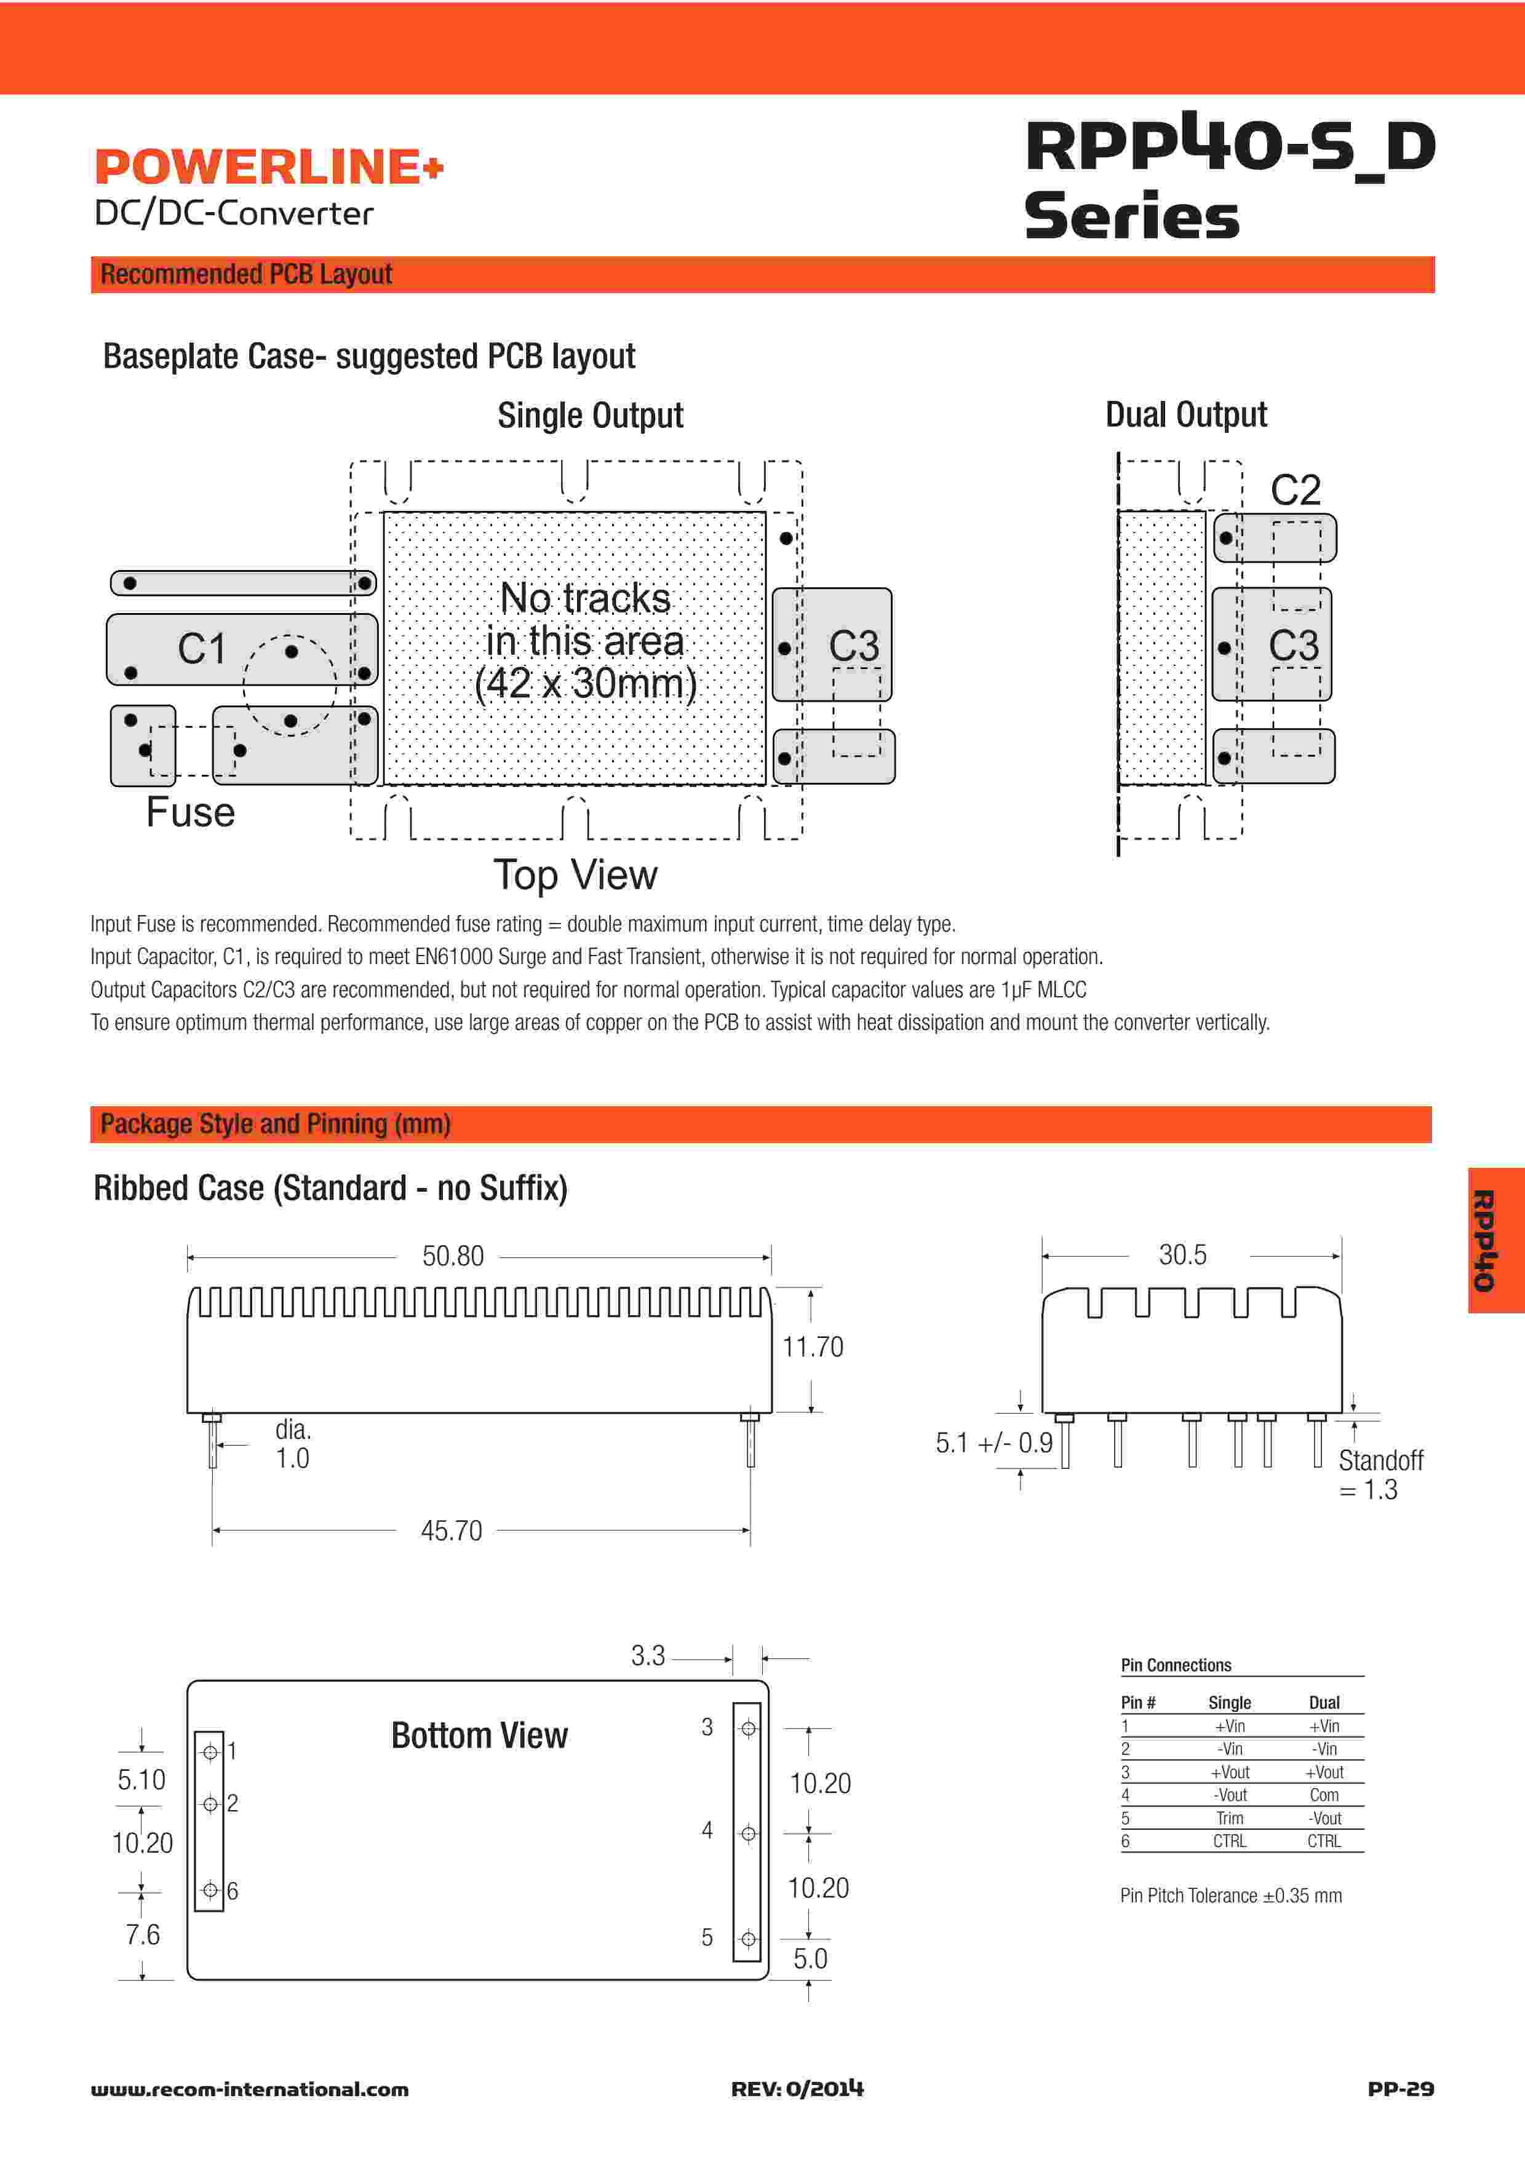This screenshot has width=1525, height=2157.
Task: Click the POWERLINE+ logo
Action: [x=268, y=167]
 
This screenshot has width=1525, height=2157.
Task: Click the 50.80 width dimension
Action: [x=452, y=1256]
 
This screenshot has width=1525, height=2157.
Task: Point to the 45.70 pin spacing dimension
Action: [x=451, y=1530]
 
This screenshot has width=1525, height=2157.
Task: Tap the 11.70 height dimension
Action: [x=813, y=1347]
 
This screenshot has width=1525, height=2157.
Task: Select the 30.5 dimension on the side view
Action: [x=1182, y=1255]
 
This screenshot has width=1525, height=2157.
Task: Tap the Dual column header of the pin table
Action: [x=1324, y=1703]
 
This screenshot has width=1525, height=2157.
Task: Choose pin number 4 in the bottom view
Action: [x=707, y=1830]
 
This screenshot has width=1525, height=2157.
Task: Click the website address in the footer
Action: [x=250, y=2089]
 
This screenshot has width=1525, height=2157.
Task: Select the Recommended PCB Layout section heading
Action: [x=246, y=274]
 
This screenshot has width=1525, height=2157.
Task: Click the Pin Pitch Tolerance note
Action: [x=1230, y=1896]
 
